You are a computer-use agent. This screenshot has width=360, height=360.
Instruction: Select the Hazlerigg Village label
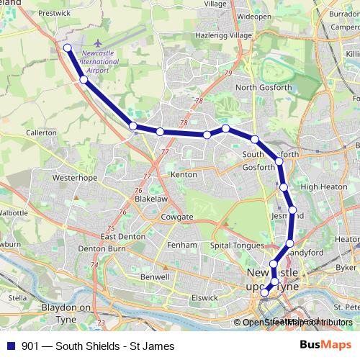[x=234, y=35]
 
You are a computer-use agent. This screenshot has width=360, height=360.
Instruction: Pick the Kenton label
[x=183, y=174]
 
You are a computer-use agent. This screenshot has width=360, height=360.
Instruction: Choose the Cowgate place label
[x=177, y=217]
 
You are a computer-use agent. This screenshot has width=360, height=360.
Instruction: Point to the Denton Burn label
[x=102, y=248]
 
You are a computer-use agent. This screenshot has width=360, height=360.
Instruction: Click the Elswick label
[x=204, y=297]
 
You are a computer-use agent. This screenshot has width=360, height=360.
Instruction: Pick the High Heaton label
[x=319, y=187]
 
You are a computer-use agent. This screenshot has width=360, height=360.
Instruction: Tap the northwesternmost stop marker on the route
[x=67, y=48]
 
